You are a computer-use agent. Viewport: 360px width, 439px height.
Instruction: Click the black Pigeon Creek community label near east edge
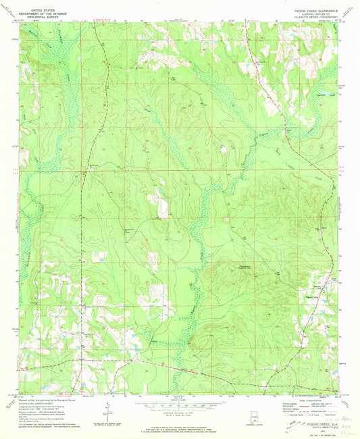tap(312, 286)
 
